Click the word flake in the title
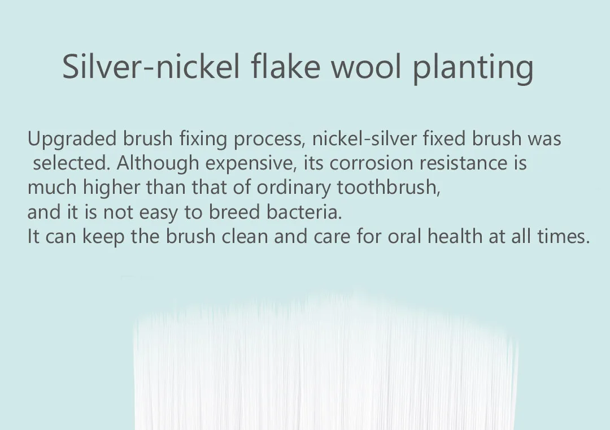click(285, 66)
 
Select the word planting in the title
click(473, 69)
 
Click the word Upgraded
click(72, 140)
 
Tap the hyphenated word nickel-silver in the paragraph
click(364, 138)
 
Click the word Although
click(158, 163)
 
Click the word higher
click(111, 188)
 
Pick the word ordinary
click(294, 188)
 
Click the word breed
click(234, 212)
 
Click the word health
click(455, 237)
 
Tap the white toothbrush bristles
click(326, 362)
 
